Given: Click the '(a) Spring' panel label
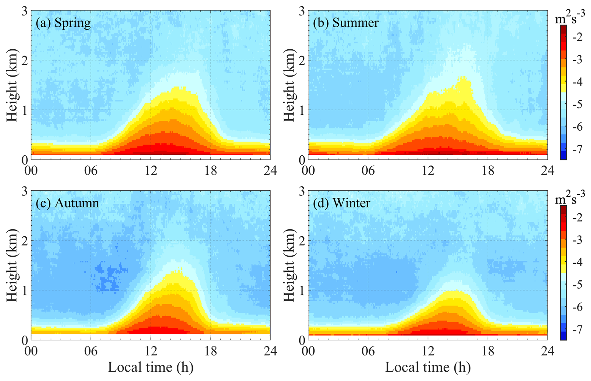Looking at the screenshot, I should pyautogui.click(x=63, y=23).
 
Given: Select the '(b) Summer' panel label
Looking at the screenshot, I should pyautogui.click(x=346, y=23).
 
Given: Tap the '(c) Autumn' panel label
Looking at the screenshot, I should pyautogui.click(x=67, y=203).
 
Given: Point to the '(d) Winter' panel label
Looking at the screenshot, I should pyautogui.click(x=341, y=203).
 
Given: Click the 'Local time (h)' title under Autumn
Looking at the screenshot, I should pyautogui.click(x=151, y=367).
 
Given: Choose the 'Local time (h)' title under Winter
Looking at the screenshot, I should pyautogui.click(x=428, y=367).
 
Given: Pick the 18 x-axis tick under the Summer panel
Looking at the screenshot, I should pyautogui.click(x=488, y=171).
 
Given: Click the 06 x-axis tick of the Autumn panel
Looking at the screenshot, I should pyautogui.click(x=91, y=351).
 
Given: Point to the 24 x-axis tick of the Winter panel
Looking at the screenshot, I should pyautogui.click(x=547, y=351).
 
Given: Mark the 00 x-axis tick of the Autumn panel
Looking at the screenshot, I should pyautogui.click(x=31, y=351).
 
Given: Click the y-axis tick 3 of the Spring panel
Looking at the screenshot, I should pyautogui.click(x=25, y=12).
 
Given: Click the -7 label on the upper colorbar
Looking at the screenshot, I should pyautogui.click(x=577, y=149).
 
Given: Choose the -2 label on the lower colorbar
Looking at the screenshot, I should pyautogui.click(x=577, y=218).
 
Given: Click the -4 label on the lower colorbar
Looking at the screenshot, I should pyautogui.click(x=577, y=263).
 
